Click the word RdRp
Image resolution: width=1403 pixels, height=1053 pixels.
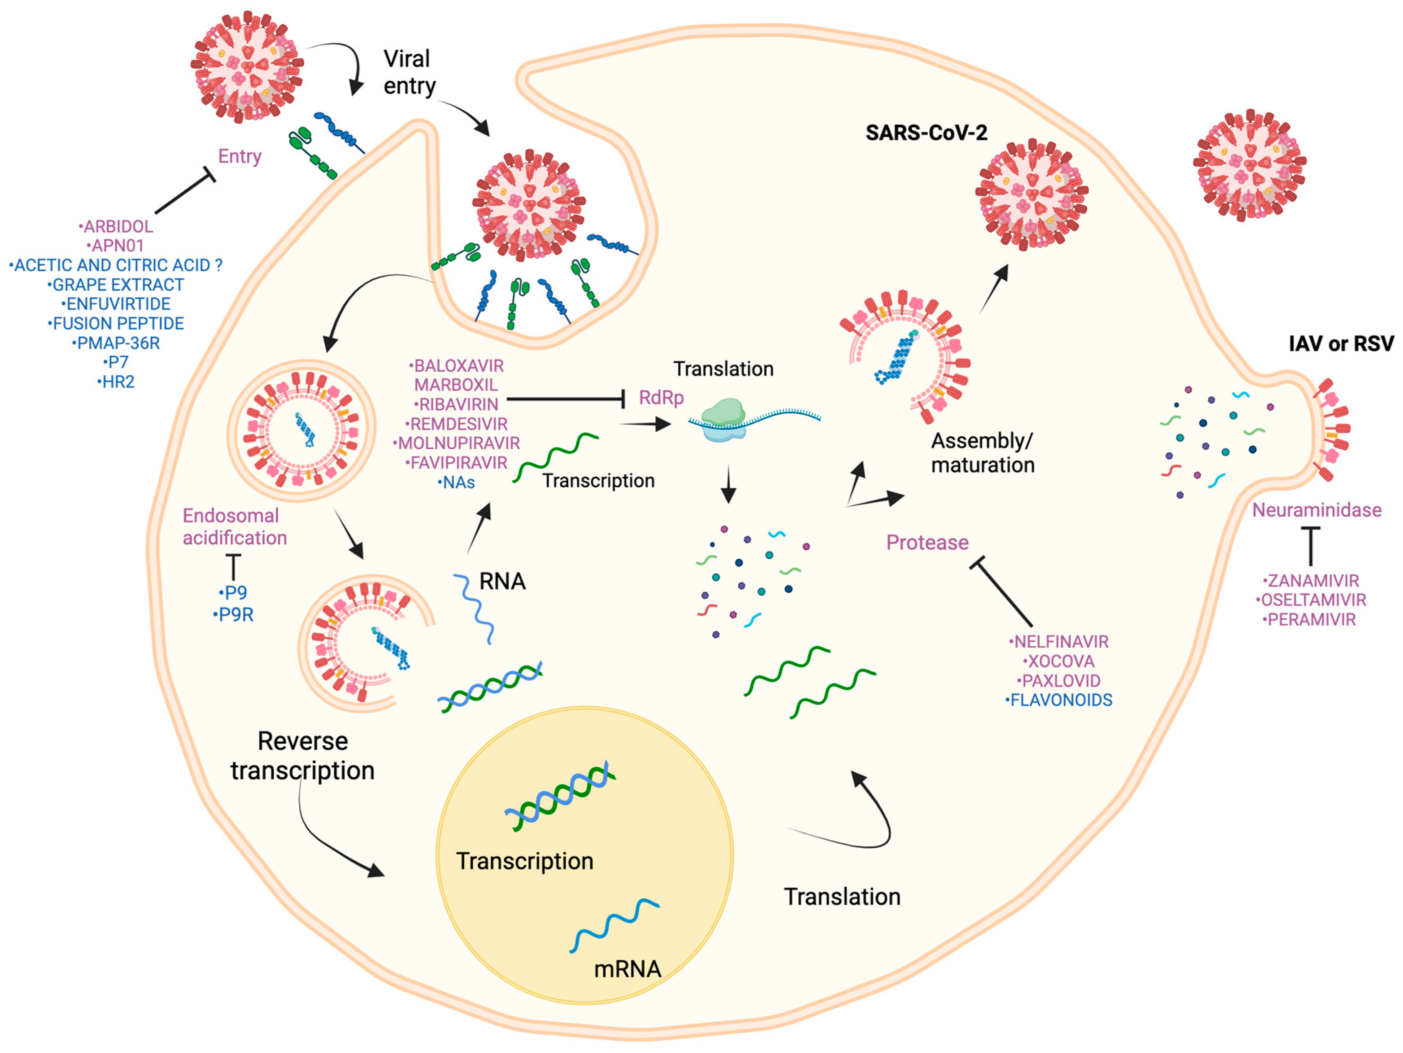click(x=661, y=398)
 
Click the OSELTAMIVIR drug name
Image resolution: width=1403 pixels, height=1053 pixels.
click(x=1312, y=600)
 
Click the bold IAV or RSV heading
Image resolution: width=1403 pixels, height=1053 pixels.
click(x=1341, y=344)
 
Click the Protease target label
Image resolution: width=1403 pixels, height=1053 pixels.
click(x=927, y=542)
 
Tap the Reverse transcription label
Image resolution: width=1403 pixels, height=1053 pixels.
click(x=302, y=756)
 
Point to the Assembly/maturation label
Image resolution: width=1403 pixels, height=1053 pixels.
click(x=983, y=453)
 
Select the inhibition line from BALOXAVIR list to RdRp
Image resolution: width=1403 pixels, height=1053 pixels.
click(x=565, y=399)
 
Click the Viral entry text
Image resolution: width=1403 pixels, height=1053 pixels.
click(x=409, y=72)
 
